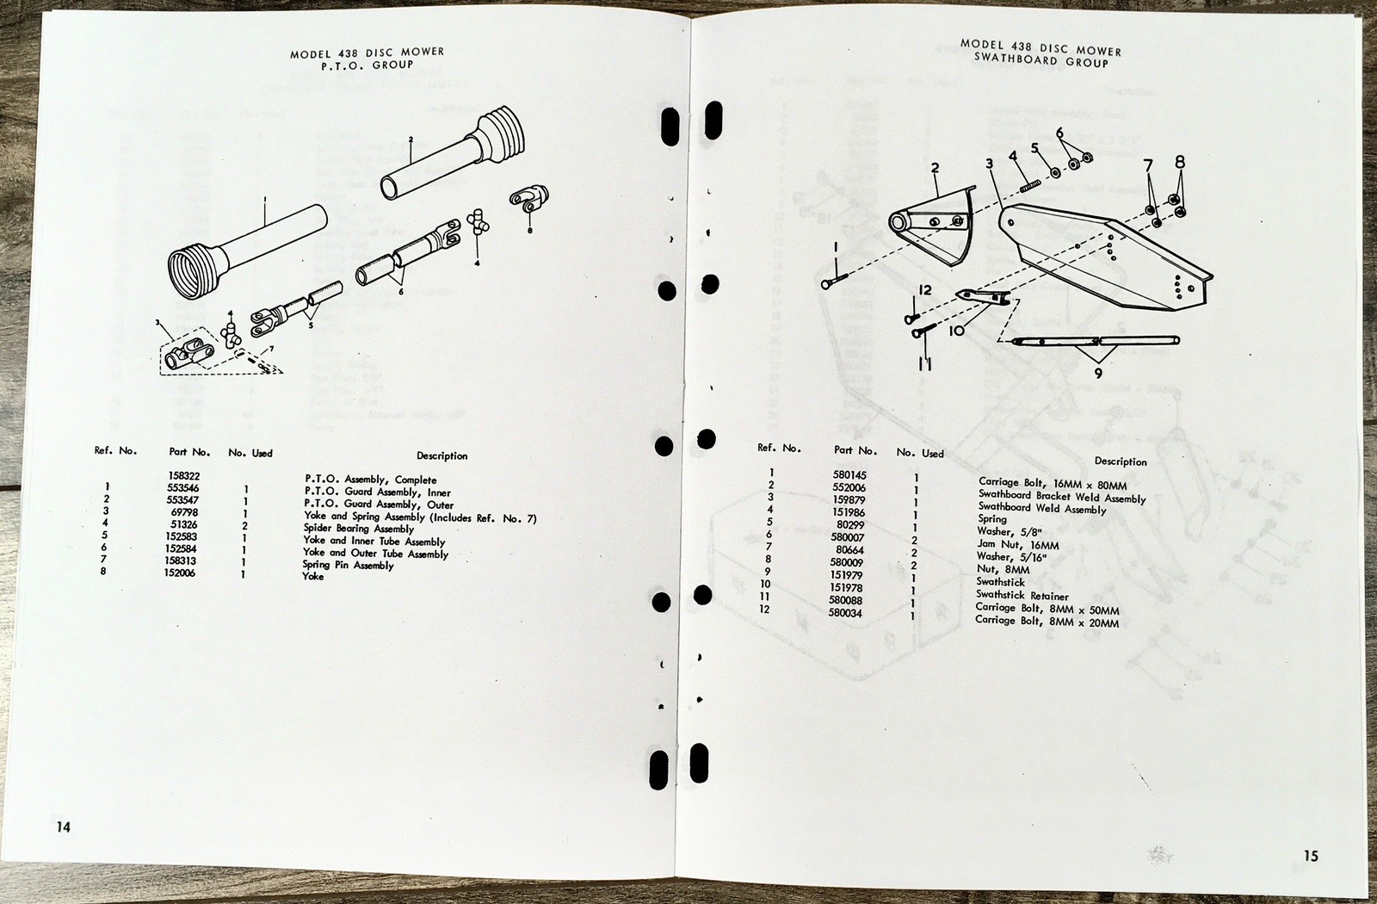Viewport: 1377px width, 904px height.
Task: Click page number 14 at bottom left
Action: (x=64, y=827)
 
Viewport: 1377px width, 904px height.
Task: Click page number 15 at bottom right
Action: (x=1311, y=856)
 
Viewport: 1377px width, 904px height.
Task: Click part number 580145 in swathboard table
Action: (x=849, y=475)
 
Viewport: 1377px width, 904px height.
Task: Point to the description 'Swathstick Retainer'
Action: (x=1022, y=596)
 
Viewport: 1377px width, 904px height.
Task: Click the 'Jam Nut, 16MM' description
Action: (x=1018, y=544)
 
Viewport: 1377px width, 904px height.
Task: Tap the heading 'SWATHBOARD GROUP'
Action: (x=1041, y=61)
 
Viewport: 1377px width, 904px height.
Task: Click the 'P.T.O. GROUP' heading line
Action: (x=367, y=65)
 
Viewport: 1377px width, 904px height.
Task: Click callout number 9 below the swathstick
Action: (x=1098, y=374)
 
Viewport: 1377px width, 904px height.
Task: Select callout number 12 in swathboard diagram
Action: (x=925, y=290)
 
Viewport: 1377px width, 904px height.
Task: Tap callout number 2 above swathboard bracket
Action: (x=935, y=168)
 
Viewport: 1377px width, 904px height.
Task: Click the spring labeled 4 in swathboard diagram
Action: (x=1030, y=183)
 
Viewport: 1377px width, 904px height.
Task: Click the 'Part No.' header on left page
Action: (x=189, y=452)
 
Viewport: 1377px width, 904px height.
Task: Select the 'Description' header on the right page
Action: (x=1121, y=461)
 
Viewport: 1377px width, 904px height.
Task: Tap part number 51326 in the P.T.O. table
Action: (x=182, y=524)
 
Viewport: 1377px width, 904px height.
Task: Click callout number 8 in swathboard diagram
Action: (x=1180, y=161)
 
